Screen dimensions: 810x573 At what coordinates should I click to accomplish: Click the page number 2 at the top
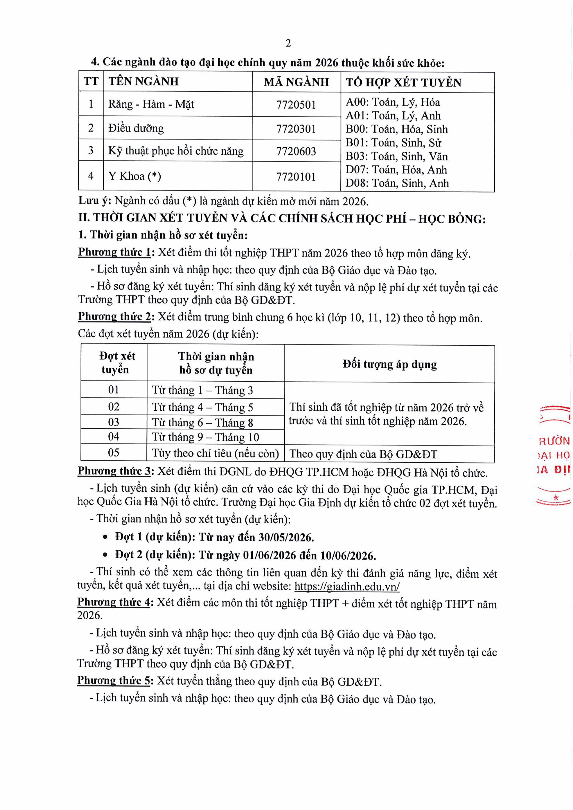288,43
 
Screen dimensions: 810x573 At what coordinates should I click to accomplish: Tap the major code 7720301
296,128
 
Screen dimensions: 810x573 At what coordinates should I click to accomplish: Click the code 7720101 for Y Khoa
296,176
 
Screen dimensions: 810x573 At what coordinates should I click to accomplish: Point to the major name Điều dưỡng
136,128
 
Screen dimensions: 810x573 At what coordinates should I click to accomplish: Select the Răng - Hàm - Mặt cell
151,104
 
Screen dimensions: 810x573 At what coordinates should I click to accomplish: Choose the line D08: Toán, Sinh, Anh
397,183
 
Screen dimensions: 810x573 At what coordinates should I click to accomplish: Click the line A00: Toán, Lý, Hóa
393,102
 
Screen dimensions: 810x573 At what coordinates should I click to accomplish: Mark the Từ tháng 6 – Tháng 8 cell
202,422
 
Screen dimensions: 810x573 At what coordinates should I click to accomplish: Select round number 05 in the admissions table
114,453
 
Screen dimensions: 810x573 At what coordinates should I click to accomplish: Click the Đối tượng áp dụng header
389,364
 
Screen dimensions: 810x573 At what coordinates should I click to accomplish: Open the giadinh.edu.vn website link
347,586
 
